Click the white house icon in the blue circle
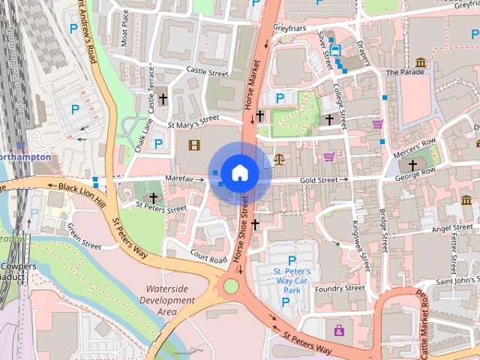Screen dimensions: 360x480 [239, 173]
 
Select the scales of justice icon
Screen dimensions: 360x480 [280, 159]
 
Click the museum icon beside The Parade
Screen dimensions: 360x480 [421, 62]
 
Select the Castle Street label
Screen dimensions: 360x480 [207, 73]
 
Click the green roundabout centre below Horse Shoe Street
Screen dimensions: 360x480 [230, 285]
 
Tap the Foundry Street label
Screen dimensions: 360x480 [340, 288]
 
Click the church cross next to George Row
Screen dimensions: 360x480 [412, 165]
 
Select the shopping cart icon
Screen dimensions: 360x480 [328, 157]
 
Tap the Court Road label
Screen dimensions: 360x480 [208, 256]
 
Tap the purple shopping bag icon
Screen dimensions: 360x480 [339, 329]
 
